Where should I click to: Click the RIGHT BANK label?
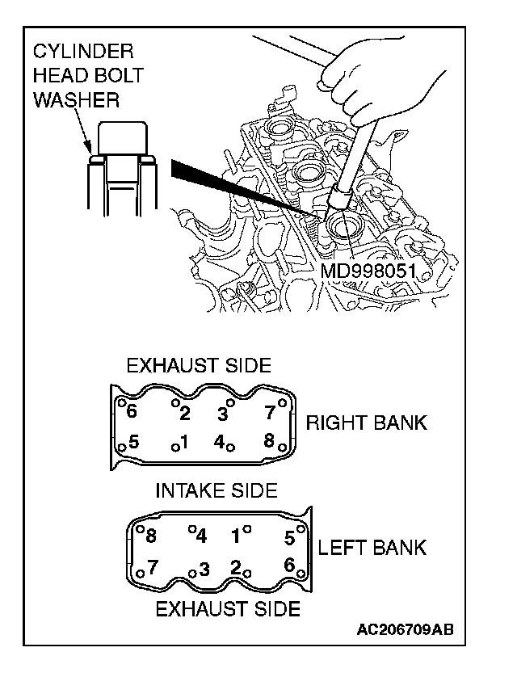[x=366, y=423]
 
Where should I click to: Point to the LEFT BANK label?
[x=372, y=548]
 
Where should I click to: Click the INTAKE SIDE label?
[x=216, y=490]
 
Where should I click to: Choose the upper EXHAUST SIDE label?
[x=198, y=366]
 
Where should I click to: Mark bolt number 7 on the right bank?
[x=271, y=412]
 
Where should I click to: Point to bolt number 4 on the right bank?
[x=220, y=442]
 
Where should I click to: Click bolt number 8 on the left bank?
[x=150, y=536]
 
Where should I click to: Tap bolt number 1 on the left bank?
[x=237, y=535]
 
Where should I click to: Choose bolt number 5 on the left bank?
[x=289, y=536]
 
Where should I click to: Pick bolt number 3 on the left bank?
[x=204, y=569]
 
